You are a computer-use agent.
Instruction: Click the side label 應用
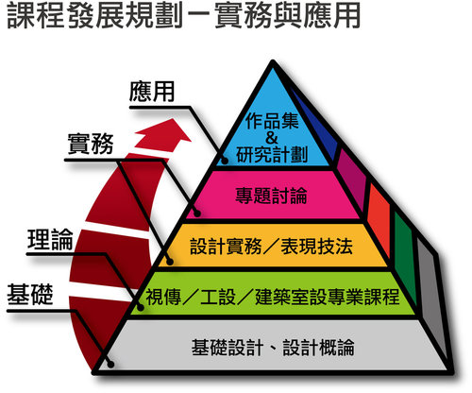152,92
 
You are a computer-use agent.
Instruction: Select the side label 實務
91,144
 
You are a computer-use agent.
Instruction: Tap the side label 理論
50,239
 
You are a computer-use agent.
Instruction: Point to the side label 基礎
30,295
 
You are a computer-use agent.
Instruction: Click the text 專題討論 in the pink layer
271,196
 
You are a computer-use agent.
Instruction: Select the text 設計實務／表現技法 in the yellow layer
271,247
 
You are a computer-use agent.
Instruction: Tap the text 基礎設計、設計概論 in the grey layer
273,348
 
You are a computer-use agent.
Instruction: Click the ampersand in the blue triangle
272,138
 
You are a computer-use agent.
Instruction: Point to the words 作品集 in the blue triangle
272,121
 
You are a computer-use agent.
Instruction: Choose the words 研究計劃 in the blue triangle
272,155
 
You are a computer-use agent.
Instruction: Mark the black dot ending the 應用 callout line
225,161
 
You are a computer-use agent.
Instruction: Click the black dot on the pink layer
197,214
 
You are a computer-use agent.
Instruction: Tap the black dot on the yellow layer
170,262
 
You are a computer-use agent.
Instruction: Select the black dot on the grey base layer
110,364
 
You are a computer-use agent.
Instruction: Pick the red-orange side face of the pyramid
379,220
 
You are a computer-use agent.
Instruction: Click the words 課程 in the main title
36,16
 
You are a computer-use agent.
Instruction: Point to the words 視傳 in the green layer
163,297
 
